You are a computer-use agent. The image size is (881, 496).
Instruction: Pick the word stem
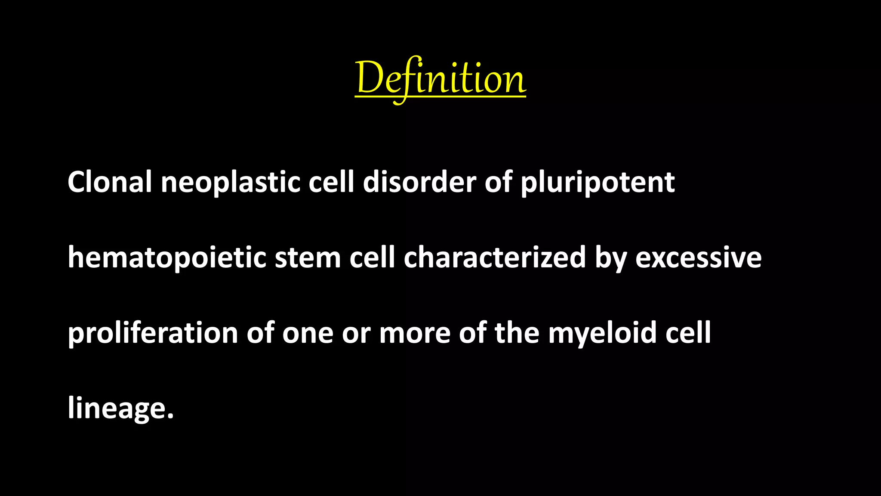tap(308, 258)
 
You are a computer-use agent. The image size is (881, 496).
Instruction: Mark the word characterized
tap(495, 257)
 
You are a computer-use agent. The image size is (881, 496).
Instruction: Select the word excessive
tap(698, 258)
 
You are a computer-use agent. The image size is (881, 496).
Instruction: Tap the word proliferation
tap(153, 333)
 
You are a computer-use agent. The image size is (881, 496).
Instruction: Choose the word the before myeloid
tap(517, 333)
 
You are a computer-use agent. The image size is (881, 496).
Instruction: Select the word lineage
tap(116, 408)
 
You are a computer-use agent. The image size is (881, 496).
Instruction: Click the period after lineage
tap(170, 415)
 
